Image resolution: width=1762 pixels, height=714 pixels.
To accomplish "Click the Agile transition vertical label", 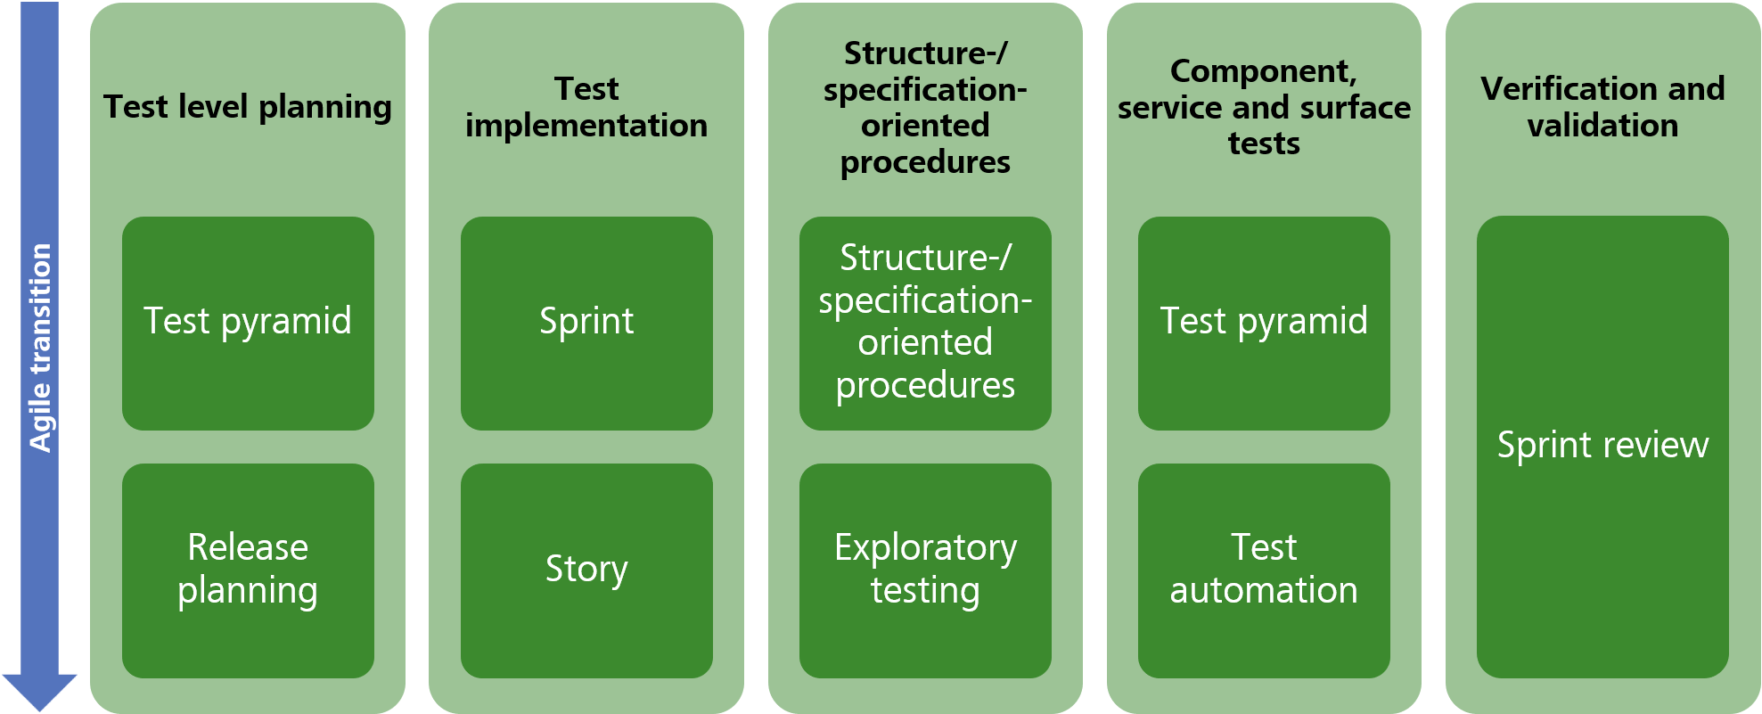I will pos(41,348).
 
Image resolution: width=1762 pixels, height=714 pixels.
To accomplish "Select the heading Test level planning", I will pos(248,107).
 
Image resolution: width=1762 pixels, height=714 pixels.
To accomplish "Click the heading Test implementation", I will pos(586,107).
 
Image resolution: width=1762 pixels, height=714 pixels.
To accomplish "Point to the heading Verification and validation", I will pos(1602,107).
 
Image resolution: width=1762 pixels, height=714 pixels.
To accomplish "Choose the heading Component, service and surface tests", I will pos(1264,107).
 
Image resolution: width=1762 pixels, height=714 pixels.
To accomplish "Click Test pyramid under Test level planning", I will pos(248,321).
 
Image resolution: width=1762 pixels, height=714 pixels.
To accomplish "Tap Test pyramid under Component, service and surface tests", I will pos(1264,321).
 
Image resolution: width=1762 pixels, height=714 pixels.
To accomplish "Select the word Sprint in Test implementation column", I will pos(586,321).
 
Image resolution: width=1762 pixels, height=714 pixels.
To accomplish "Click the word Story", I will pos(586,569).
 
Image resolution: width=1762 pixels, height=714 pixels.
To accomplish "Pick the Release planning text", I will pos(248,569).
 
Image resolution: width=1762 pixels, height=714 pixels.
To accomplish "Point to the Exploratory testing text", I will pos(925,569).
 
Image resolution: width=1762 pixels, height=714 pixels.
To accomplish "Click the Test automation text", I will pos(1264,569).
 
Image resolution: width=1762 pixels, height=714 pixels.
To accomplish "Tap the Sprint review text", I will pos(1602,445).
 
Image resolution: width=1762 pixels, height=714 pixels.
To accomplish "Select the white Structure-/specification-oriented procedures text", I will pos(925,321).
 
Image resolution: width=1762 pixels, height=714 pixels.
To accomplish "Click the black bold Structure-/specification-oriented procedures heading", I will pos(925,107).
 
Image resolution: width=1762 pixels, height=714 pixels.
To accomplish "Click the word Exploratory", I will pos(925,547).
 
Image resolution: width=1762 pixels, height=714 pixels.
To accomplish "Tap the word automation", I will pos(1264,590).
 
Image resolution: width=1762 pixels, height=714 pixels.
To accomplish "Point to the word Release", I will pos(248,547).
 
